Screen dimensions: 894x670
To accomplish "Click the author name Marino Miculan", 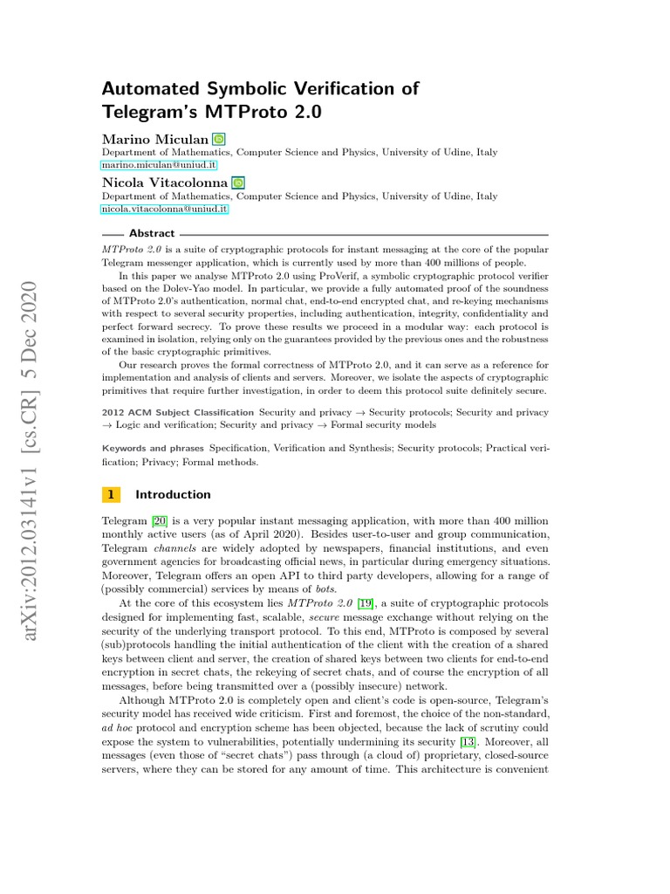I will [154, 139].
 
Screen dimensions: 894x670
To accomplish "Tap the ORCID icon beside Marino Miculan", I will [218, 139].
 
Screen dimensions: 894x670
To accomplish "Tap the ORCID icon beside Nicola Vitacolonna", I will [238, 183].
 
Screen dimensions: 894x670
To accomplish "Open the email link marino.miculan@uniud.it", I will [159, 165].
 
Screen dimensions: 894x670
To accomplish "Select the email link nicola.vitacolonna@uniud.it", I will [165, 210].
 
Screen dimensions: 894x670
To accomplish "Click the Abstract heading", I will [152, 234].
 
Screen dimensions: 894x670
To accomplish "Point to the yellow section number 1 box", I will [111, 494].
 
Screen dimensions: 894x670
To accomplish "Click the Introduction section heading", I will [173, 494].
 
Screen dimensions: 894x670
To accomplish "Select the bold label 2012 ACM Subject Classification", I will [179, 411].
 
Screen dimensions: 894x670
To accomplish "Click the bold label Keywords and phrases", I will [153, 448].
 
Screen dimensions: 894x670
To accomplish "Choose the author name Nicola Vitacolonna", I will [165, 183].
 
